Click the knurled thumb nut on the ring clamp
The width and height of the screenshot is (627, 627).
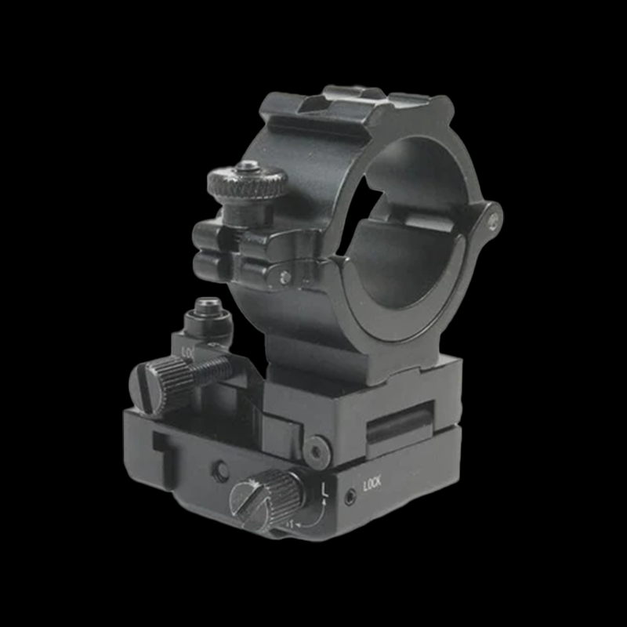247,184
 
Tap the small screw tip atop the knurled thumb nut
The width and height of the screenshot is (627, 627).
249,166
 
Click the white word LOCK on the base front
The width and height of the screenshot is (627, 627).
371,484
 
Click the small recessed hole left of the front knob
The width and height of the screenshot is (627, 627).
221,472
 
